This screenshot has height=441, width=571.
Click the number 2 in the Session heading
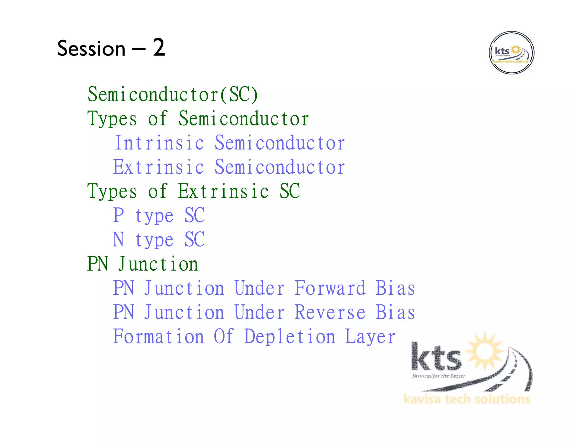[159, 48]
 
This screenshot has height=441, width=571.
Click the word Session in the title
[91, 49]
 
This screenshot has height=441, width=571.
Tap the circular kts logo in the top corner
[511, 53]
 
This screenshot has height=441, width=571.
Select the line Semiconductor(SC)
[173, 94]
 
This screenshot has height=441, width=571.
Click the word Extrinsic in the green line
[223, 192]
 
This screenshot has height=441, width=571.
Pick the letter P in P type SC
[118, 215]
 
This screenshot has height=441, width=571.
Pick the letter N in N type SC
[118, 239]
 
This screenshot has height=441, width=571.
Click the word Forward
[330, 288]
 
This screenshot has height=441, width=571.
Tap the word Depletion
[289, 337]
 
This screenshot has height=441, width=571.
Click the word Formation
[158, 337]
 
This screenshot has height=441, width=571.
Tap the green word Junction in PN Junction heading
[158, 264]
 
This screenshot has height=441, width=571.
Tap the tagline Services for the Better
[439, 376]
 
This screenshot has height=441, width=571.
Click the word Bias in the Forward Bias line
[395, 288]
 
